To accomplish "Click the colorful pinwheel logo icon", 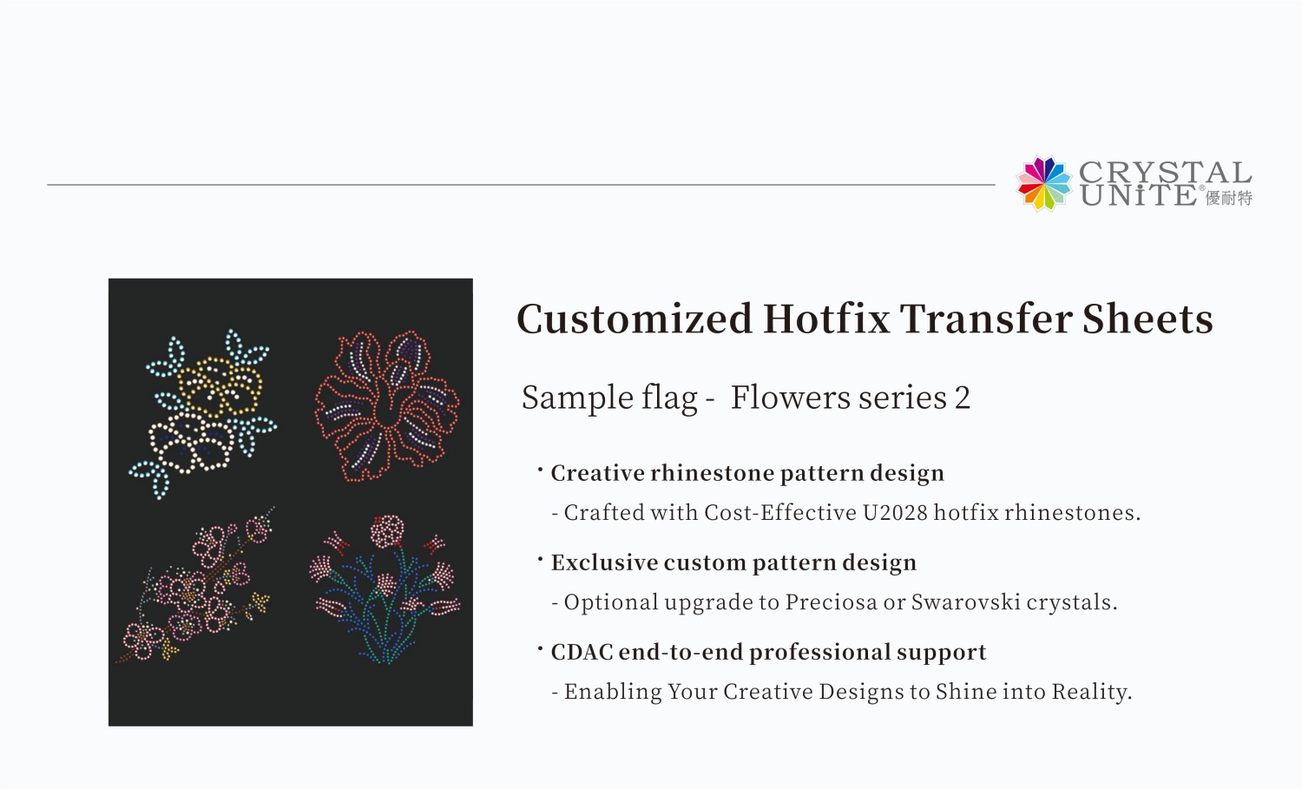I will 1044,183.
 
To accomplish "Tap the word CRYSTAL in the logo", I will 1165,172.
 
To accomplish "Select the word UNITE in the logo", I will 1138,196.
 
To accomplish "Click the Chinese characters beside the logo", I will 1229,198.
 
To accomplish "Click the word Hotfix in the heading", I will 826,319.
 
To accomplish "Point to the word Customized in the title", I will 634,319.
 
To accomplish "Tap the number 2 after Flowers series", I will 962,398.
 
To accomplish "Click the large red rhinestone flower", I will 386,404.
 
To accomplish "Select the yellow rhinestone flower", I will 219,385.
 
